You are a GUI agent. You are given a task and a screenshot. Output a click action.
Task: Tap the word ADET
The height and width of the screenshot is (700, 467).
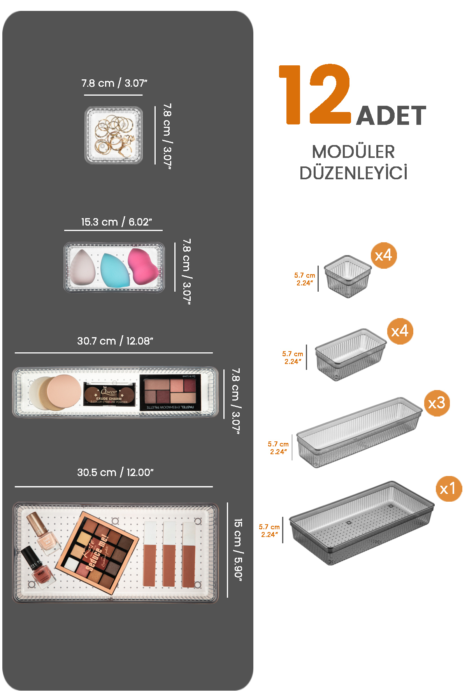point(391,116)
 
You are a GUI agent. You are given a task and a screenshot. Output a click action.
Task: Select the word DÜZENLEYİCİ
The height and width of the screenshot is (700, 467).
point(353,173)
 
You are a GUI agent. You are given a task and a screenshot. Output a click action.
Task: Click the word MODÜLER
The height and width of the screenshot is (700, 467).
point(353,152)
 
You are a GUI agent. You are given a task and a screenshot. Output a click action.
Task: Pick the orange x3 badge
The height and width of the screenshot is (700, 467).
point(437,403)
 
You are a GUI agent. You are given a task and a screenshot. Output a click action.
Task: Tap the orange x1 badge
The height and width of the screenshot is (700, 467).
point(448,488)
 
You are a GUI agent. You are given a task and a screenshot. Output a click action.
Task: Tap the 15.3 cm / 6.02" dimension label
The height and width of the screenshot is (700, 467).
point(116,222)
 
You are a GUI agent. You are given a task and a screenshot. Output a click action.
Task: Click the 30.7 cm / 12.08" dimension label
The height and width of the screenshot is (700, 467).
point(115,341)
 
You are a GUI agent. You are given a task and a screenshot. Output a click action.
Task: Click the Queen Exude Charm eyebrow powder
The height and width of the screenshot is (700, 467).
point(109,394)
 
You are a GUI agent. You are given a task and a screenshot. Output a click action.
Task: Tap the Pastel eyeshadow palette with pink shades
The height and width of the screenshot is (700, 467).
point(170,392)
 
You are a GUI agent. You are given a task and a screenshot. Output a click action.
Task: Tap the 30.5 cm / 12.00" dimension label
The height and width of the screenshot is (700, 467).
point(115,472)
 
